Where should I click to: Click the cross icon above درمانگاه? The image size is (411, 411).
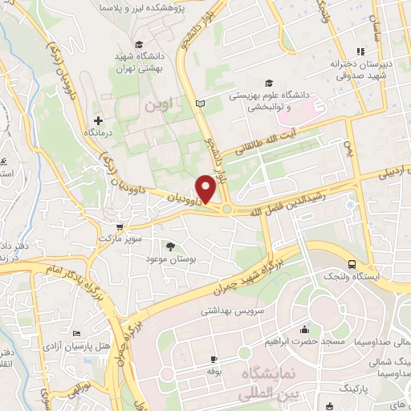(x=98, y=120)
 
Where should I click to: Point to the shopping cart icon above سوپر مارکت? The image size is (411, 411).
(x=120, y=227)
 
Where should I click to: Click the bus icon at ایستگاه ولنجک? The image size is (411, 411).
(x=352, y=264)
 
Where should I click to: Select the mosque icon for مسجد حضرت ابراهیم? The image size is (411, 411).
(x=304, y=330)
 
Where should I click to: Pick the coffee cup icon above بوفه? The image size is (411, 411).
(x=213, y=359)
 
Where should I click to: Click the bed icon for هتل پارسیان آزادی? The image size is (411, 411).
(x=77, y=334)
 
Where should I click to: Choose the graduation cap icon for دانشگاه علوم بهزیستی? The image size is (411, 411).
(x=269, y=83)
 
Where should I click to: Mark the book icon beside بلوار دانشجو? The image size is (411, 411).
(x=200, y=104)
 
